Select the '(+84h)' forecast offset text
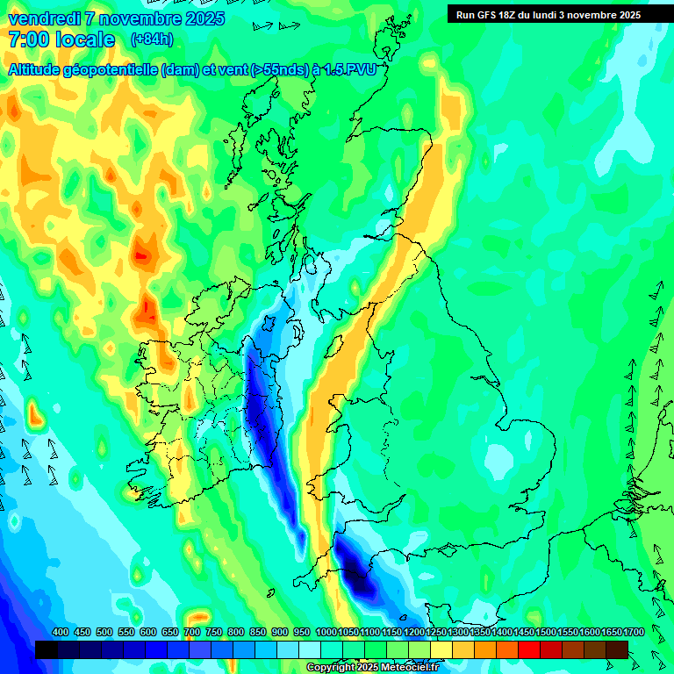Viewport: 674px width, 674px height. coord(152,39)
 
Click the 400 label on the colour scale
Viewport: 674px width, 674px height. coord(61,633)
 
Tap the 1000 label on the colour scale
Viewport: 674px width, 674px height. coord(326,633)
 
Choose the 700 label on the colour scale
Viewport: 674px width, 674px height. coord(191,633)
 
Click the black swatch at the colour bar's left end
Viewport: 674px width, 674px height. coord(47,649)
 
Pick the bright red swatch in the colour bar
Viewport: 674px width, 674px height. coord(529,649)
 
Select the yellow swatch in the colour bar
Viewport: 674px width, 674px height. coord(441,649)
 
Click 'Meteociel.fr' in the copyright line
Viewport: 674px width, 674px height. coord(410,668)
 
